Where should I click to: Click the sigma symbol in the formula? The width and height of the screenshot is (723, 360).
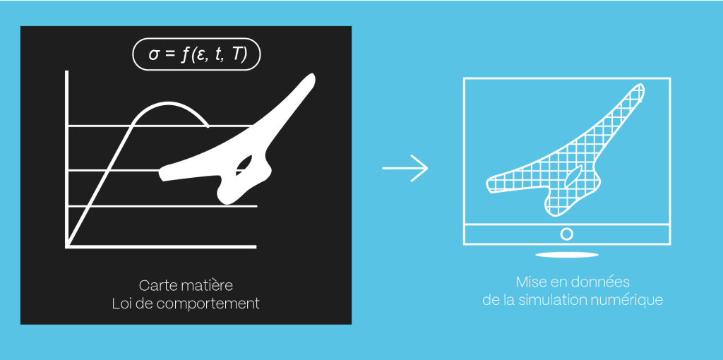[x=154, y=55]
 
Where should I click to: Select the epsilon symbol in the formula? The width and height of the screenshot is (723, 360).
[x=202, y=55]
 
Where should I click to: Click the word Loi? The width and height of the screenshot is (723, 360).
[x=121, y=304]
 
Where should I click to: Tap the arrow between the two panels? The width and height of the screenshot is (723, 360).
[x=405, y=168]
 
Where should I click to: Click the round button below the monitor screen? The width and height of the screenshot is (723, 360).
[x=567, y=234]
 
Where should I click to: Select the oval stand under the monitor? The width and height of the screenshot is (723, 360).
[x=567, y=254]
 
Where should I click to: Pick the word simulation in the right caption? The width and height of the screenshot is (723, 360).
[x=552, y=301]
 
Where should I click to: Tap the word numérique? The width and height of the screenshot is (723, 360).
[x=627, y=301]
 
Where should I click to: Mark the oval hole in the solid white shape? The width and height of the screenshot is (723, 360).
[x=244, y=165]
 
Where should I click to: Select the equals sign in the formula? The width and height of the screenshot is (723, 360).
[x=171, y=55]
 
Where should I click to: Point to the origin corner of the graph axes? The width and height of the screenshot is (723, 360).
[x=67, y=246]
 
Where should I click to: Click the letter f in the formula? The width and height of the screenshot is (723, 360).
[x=185, y=54]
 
